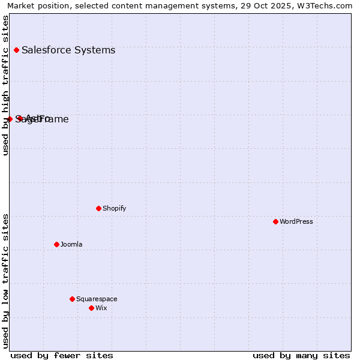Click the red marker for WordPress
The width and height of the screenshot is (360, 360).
coord(275,221)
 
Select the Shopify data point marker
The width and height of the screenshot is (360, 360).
coord(98,208)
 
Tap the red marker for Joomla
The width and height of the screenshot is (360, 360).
coord(56,244)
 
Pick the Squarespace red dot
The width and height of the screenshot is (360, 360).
coord(72,299)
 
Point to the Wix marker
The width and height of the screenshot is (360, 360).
coord(91,308)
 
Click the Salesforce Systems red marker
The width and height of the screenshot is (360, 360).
coord(16,50)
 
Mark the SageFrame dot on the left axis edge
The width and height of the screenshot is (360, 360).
coord(10,119)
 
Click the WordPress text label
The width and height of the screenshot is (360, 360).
coord(296,221)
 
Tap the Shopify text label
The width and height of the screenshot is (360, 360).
coord(114,208)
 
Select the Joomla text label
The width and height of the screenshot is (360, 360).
coord(71,244)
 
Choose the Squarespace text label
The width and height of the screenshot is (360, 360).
coord(97,299)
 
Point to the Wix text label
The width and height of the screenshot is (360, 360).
coord(101,308)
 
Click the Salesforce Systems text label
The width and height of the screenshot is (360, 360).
coord(68,50)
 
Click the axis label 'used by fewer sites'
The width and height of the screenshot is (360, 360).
coord(62,355)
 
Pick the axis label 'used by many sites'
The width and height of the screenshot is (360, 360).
coord(301,355)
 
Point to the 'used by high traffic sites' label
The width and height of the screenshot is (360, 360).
coord(5,85)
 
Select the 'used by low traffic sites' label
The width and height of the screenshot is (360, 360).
coord(5,281)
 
